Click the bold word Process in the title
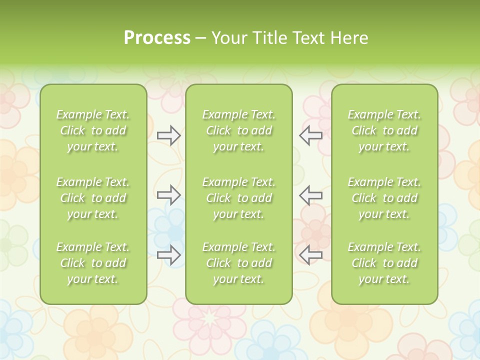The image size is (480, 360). point(157,38)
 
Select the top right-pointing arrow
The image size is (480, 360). point(168,135)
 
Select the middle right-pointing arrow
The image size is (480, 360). point(168,195)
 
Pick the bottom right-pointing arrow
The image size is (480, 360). point(168,255)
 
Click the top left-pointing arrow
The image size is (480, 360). point(310,135)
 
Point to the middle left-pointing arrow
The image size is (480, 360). point(310,195)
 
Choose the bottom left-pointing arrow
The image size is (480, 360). point(310,255)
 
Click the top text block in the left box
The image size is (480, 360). point(93,130)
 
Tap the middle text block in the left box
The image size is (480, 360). point(93,198)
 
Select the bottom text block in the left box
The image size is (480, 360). point(93,263)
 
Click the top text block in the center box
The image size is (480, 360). point(238,130)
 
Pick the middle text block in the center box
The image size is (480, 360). point(238,198)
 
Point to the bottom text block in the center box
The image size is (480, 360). point(238,263)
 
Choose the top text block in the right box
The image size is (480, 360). point(384,130)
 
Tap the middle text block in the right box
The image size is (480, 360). point(384,198)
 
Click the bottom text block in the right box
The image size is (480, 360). point(384,263)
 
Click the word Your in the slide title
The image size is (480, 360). point(228,38)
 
